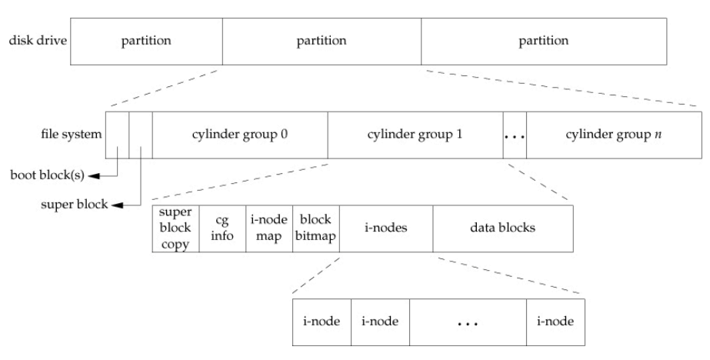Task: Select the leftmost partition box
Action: click(x=146, y=39)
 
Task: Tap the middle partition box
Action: click(x=322, y=39)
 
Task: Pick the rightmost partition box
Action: click(x=544, y=39)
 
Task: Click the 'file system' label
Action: click(x=71, y=135)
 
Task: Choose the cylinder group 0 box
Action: click(x=240, y=135)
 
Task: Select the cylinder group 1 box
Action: click(x=415, y=135)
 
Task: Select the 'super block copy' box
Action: click(x=176, y=228)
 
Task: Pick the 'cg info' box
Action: click(x=222, y=228)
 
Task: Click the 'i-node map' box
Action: click(x=269, y=228)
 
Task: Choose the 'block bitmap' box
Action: click(x=315, y=228)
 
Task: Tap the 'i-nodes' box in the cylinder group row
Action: click(x=385, y=228)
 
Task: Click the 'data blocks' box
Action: click(x=502, y=228)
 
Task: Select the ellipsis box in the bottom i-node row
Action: click(x=468, y=322)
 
